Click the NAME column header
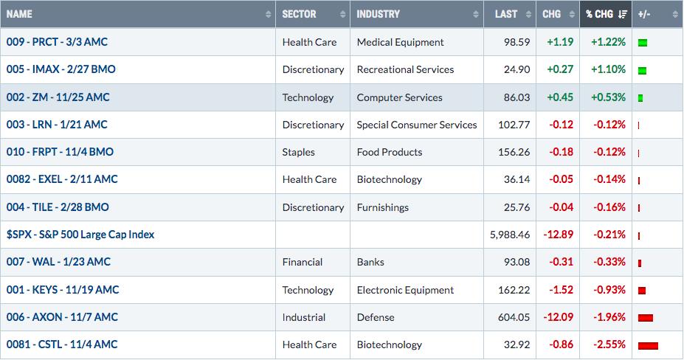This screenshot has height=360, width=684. pos(19,14)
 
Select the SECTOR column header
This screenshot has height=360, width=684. pos(299,14)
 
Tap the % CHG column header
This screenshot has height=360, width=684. pos(599,14)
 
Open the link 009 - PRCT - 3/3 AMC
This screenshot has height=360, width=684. pos(57,42)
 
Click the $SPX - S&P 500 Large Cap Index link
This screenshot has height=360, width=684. pos(80,235)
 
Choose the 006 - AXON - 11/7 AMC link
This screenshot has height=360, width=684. pos(62,316)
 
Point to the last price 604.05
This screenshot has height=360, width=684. pos(514,317)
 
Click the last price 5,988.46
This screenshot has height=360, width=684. pos(510,235)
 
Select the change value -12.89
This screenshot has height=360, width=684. pos(558,235)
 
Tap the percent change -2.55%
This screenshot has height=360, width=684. pos(609,345)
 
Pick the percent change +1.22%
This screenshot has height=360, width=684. pos(608,42)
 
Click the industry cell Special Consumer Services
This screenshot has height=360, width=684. pos(417,125)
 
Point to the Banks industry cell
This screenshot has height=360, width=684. pos(370,262)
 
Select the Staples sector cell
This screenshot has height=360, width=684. pos(298,152)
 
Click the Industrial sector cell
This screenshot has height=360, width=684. pos(303,317)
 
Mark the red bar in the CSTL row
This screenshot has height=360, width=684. pos(648,346)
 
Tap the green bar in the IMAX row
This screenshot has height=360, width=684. pos(642,70)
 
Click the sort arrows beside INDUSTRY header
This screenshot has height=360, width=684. pos(475,15)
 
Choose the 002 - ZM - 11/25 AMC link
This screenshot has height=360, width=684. pos(58,97)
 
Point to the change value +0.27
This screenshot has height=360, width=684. pos(560,69)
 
